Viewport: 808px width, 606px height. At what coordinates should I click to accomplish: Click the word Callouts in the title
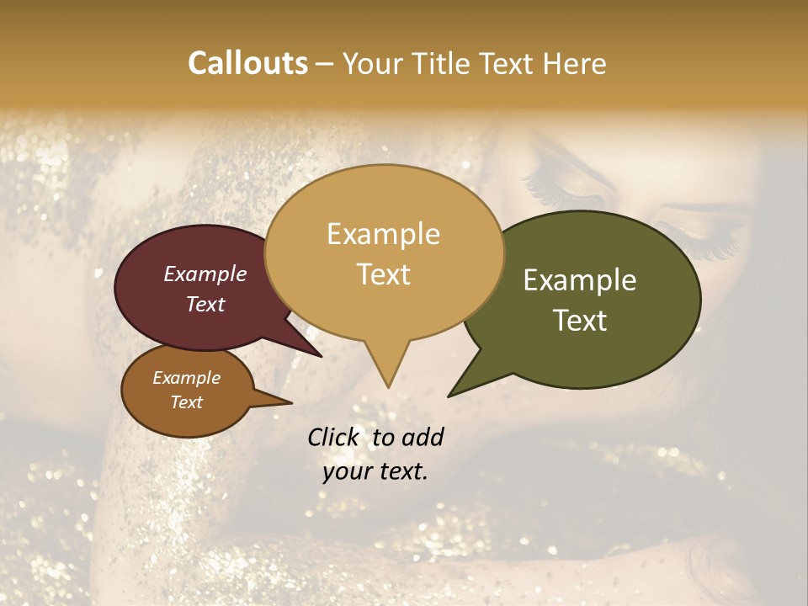(x=247, y=63)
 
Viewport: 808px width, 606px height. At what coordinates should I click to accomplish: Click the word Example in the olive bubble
(x=580, y=280)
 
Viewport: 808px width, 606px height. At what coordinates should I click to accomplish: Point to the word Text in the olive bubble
(x=580, y=321)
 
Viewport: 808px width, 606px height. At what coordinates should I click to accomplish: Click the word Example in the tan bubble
(x=383, y=234)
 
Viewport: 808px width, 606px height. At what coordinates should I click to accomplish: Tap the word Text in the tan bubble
(x=383, y=274)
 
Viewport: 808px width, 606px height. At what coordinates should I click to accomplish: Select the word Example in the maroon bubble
(x=205, y=274)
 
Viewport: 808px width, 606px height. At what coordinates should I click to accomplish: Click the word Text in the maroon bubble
(x=205, y=304)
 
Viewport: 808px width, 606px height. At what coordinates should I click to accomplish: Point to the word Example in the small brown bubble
(x=186, y=378)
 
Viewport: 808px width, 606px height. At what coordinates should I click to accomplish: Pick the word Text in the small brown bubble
(x=186, y=402)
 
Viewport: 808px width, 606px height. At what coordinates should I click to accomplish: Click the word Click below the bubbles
(x=335, y=437)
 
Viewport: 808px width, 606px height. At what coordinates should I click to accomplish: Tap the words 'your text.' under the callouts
(x=375, y=471)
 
